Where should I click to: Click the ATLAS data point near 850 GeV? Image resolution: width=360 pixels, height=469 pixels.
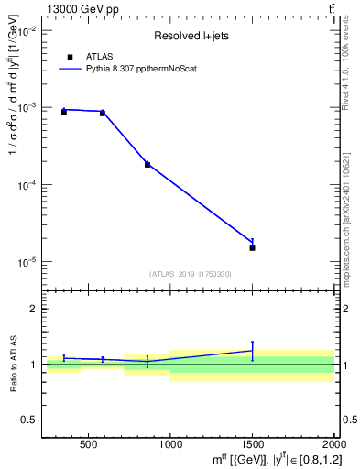tap(147, 164)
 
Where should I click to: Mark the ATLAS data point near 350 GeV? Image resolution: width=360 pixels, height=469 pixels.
tap(63, 111)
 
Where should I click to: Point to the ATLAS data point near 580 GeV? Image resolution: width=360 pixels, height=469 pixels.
tap(103, 113)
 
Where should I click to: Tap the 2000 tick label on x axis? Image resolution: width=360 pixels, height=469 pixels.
tap(333, 445)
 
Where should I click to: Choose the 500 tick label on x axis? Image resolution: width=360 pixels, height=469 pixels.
tap(88, 445)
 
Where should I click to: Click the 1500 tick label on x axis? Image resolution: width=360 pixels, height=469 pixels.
tap(252, 445)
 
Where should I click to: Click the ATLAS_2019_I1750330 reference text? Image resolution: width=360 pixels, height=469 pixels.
tap(190, 273)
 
